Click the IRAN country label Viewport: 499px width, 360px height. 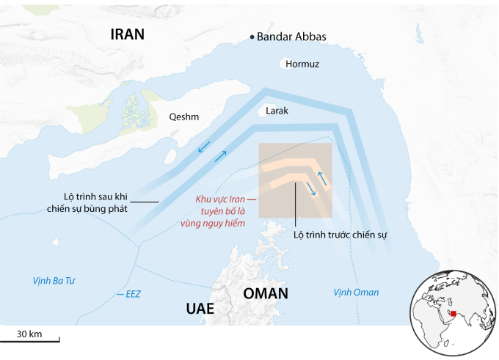coord(127,34)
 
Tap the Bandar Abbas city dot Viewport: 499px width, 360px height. coord(252,37)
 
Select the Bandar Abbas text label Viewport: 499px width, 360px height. coord(292,37)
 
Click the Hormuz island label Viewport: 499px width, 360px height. coord(303,64)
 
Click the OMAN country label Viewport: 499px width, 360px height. coord(266,294)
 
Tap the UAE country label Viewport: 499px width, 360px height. coord(199,309)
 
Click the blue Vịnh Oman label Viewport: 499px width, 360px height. coord(356,293)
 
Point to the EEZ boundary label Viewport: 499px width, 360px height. coord(132,294)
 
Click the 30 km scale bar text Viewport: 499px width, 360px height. coord(29,334)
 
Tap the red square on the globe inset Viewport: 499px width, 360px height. coord(454,314)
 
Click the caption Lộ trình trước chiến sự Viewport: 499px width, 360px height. coord(340,235)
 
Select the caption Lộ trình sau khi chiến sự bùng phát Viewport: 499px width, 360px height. coord(96,202)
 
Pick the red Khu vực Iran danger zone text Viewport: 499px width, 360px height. coord(220,210)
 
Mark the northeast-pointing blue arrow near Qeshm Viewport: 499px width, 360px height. coord(221,155)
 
